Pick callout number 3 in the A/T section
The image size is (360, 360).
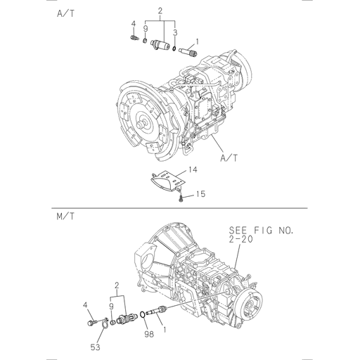[175, 33]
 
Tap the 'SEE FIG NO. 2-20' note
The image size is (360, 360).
[261, 235]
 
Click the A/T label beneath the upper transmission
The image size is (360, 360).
[227, 160]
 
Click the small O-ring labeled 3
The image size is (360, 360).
[173, 48]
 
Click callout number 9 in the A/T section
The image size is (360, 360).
[146, 28]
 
